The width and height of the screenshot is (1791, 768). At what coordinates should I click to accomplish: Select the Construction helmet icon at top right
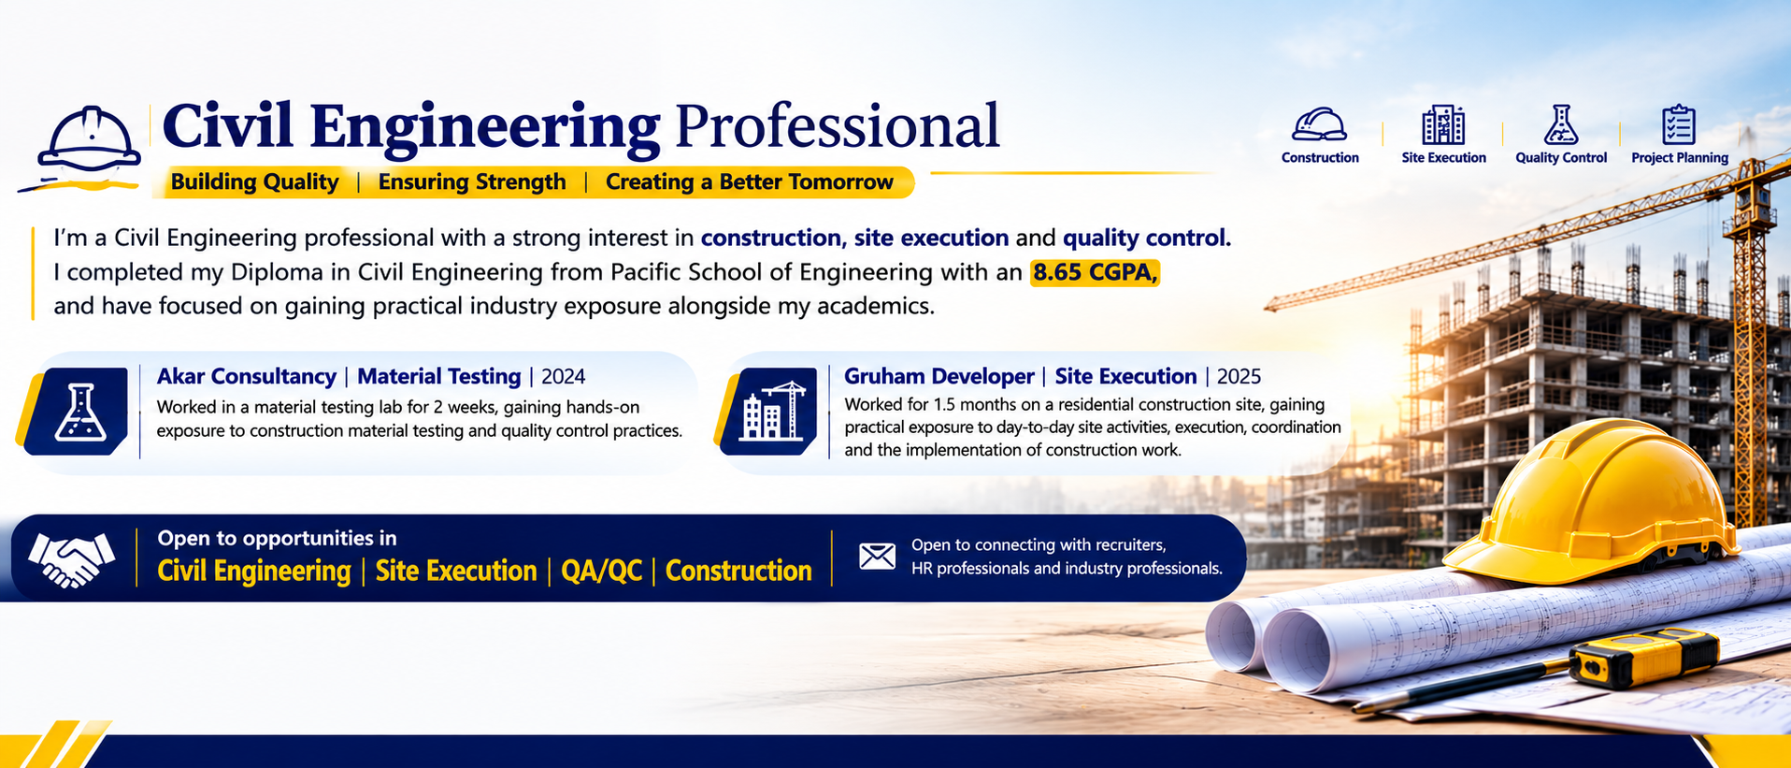coord(1319,125)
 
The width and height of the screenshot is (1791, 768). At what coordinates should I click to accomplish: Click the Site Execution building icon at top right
coord(1443,124)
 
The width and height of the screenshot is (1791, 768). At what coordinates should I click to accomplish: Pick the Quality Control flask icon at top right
coord(1561,124)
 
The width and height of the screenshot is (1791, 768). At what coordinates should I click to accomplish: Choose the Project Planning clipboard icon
coord(1679,124)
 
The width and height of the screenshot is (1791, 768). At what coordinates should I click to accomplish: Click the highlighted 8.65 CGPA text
coord(1095,272)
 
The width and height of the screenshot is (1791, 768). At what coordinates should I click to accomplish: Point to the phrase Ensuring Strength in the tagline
coord(472,181)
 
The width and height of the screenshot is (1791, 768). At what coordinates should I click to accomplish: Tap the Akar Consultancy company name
coord(247,376)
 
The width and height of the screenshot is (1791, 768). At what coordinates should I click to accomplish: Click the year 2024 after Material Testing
coord(564,376)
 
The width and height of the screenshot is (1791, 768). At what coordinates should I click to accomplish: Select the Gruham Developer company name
coord(939,376)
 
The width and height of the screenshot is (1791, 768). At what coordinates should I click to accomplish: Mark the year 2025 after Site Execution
coord(1239,376)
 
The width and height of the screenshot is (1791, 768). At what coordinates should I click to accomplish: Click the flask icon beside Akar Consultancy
coord(79,413)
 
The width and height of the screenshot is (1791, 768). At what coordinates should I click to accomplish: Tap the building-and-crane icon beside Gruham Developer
coord(771,413)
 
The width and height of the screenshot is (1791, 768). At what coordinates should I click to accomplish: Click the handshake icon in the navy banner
coord(72,559)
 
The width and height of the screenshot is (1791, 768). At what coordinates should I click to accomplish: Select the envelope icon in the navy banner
coord(877,557)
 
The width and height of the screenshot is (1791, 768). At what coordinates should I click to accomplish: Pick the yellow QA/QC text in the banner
coord(601,571)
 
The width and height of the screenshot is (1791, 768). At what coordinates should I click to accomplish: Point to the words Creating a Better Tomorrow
coord(750,181)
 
